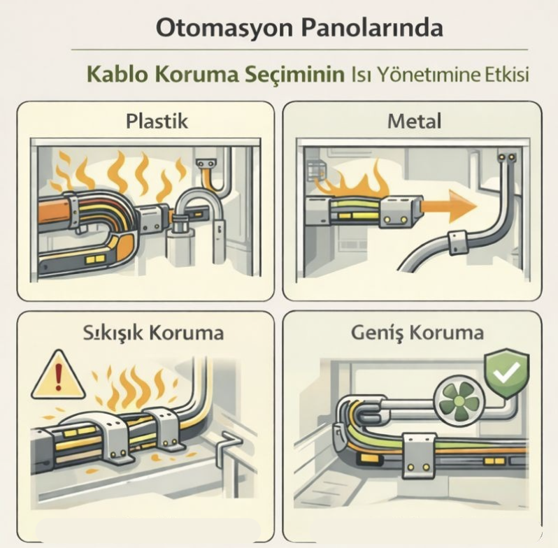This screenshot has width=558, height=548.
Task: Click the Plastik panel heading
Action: tap(157, 121)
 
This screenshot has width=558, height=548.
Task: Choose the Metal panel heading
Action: tap(414, 121)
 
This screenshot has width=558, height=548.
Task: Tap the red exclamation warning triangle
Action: tap(58, 375)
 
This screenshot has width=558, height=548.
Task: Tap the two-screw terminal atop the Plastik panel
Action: tap(205, 164)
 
